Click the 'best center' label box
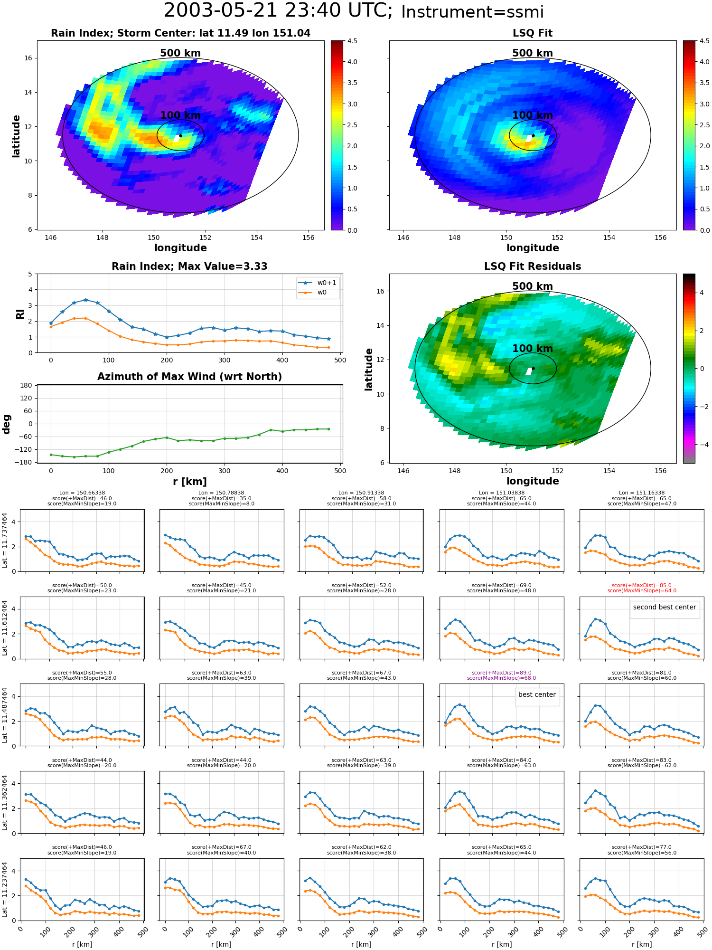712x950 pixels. [537, 694]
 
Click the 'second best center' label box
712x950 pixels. [665, 607]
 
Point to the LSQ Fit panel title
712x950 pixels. [533, 33]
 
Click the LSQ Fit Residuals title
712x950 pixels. [533, 266]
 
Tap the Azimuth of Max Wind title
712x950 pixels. [190, 377]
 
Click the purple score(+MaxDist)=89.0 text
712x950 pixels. [501, 673]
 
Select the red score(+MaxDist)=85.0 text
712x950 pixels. [642, 585]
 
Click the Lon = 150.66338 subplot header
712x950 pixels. [82, 493]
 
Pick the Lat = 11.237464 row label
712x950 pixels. [5, 889]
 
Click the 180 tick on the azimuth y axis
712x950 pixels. [27, 385]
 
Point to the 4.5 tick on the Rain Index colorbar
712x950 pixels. [352, 41]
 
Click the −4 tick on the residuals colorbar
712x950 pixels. [702, 445]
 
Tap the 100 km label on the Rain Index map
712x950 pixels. [180, 115]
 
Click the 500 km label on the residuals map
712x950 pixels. [533, 286]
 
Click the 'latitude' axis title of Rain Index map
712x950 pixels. [16, 136]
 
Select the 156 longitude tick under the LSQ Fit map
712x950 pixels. [660, 237]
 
